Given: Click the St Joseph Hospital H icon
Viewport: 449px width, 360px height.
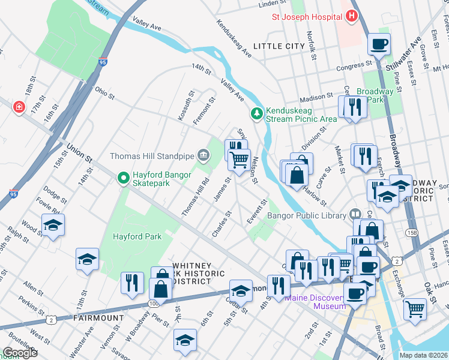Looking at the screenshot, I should pyautogui.click(x=352, y=17).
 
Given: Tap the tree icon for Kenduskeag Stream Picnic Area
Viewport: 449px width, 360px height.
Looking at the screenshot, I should pyautogui.click(x=257, y=113).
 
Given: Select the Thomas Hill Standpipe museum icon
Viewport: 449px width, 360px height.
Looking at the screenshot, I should pyautogui.click(x=203, y=157).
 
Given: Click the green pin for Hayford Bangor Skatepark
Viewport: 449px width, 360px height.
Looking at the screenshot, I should pyautogui.click(x=123, y=178).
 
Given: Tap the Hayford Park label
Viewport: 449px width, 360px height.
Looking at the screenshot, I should pyautogui.click(x=137, y=236).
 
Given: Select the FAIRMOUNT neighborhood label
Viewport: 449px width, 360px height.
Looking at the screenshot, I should pyautogui.click(x=94, y=316).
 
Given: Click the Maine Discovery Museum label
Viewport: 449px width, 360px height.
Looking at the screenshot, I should pyautogui.click(x=316, y=302).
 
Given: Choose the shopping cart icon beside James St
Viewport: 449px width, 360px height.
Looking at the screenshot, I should pyautogui.click(x=239, y=160).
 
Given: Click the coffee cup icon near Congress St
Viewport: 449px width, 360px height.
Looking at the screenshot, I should pyautogui.click(x=379, y=44).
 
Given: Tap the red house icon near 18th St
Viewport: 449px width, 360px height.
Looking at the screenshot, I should pyautogui.click(x=19, y=106).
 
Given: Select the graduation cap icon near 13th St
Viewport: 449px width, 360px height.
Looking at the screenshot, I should pyautogui.click(x=87, y=259).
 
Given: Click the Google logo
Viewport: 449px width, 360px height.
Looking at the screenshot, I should pyautogui.click(x=20, y=353).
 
